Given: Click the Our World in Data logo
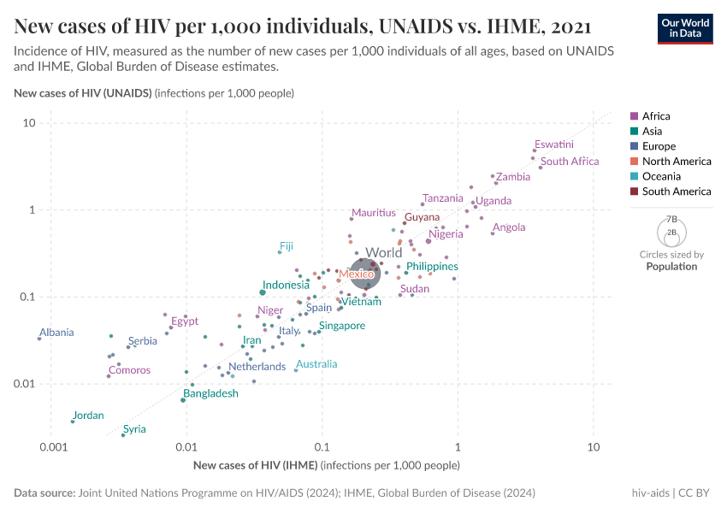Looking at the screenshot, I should (x=684, y=27).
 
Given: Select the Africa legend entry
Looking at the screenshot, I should (x=656, y=116).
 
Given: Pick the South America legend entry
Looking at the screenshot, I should (x=676, y=192).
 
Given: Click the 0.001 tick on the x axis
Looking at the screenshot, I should (x=53, y=447).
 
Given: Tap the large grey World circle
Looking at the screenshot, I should (x=366, y=274).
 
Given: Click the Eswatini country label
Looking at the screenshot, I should (x=553, y=144).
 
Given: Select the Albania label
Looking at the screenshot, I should (x=56, y=333).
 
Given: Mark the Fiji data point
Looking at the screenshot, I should (x=280, y=252).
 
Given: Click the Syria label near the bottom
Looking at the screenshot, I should (x=134, y=429).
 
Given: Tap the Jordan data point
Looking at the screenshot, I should (x=73, y=422).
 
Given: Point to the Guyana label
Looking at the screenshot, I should (x=422, y=217).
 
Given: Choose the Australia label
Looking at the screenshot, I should (x=316, y=364).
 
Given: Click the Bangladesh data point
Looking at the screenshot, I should (x=183, y=400).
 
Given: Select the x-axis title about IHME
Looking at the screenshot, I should (x=327, y=466).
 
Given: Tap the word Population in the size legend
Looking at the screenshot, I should (x=671, y=267).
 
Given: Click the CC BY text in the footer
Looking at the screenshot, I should (x=695, y=493).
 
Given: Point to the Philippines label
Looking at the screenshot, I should (x=432, y=267).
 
